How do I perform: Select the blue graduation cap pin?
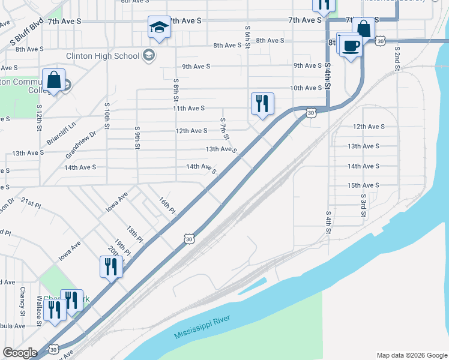pyautogui.click(x=159, y=27)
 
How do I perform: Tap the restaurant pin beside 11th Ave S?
pyautogui.click(x=262, y=103)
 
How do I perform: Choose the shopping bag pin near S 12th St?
pyautogui.click(x=54, y=80)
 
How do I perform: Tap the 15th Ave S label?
pyautogui.click(x=363, y=185)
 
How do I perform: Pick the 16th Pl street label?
pyautogui.click(x=167, y=206)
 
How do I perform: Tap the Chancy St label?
pyautogui.click(x=22, y=301)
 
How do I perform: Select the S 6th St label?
pyautogui.click(x=247, y=37)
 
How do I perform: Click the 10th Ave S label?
pyautogui.click(x=306, y=88)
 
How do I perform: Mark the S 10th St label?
pyautogui.click(x=107, y=116)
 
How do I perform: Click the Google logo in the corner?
pyautogui.click(x=20, y=353)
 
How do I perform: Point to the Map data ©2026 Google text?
pyautogui.click(x=411, y=355)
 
